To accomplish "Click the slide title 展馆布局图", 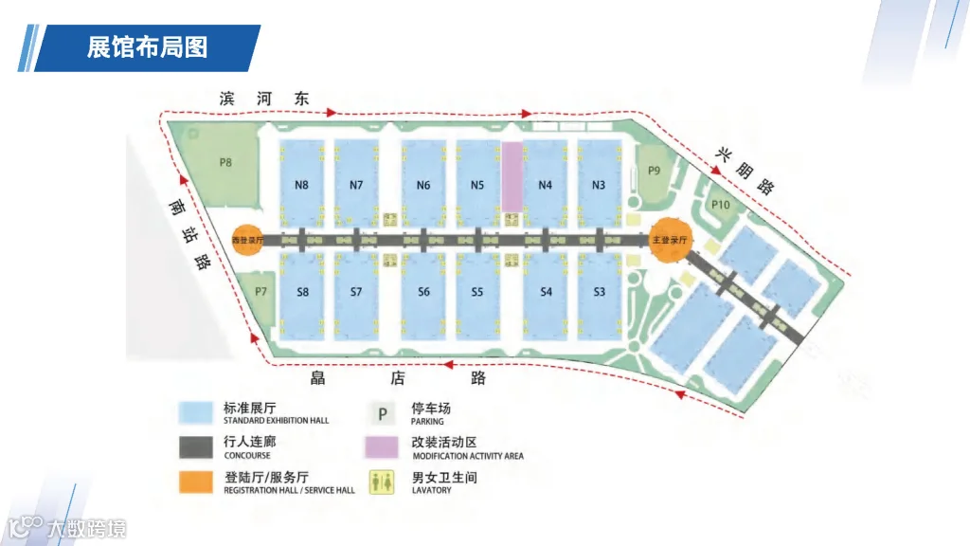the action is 147,46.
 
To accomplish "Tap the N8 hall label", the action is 301,185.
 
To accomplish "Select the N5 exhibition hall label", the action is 476,185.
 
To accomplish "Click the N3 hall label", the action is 598,185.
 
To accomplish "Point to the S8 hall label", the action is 302,292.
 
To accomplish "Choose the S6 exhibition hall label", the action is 423,292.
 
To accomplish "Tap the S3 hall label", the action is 599,292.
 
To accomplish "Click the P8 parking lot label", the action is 225,162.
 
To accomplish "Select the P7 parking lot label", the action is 261,291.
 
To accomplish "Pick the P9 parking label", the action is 654,171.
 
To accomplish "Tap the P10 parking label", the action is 720,204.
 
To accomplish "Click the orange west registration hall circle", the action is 249,240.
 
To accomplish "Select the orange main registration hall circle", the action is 670,240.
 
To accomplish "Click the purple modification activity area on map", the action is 512,176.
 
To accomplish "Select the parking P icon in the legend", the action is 383,413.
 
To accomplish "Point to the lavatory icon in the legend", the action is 383,482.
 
